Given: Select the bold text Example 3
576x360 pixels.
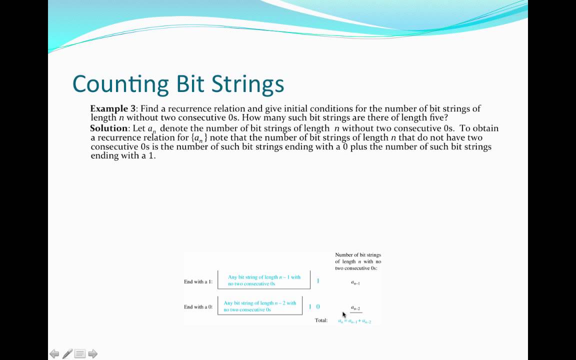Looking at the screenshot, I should pos(112,108).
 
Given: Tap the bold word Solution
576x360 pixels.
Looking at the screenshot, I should pos(108,128).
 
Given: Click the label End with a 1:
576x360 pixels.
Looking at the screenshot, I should pos(198,281).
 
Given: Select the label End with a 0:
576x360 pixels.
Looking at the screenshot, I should pos(198,307).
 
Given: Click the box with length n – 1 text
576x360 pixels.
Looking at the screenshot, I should pos(264,280).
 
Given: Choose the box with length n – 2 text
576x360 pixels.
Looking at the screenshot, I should pos(260,306).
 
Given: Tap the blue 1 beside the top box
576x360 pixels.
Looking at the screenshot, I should pos(318,281).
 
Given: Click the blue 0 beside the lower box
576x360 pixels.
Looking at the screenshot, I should pos(318,307).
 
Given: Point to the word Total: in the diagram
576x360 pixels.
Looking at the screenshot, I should pos(321,320).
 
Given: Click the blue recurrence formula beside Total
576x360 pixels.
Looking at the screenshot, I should pos(354,321).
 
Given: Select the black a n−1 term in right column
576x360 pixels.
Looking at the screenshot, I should pos(355,283).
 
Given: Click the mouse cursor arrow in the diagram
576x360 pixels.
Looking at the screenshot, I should pos(344,314).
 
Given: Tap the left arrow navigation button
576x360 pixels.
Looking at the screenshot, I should pos(54,354).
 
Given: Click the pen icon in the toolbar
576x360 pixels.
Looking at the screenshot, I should pos(67,354).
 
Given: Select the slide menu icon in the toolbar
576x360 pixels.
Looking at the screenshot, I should pos(80,354).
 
